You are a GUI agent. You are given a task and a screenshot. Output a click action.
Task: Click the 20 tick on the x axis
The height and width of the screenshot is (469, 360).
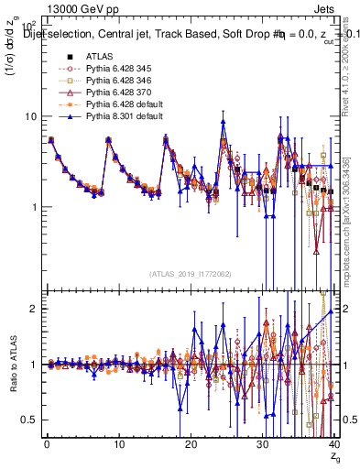pyautogui.click(x=191, y=444)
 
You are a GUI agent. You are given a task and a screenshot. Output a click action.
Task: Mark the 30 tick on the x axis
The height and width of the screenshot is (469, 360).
pyautogui.click(x=262, y=444)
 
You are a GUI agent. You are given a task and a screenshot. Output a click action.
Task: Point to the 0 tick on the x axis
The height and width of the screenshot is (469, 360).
pyautogui.click(x=46, y=444)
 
